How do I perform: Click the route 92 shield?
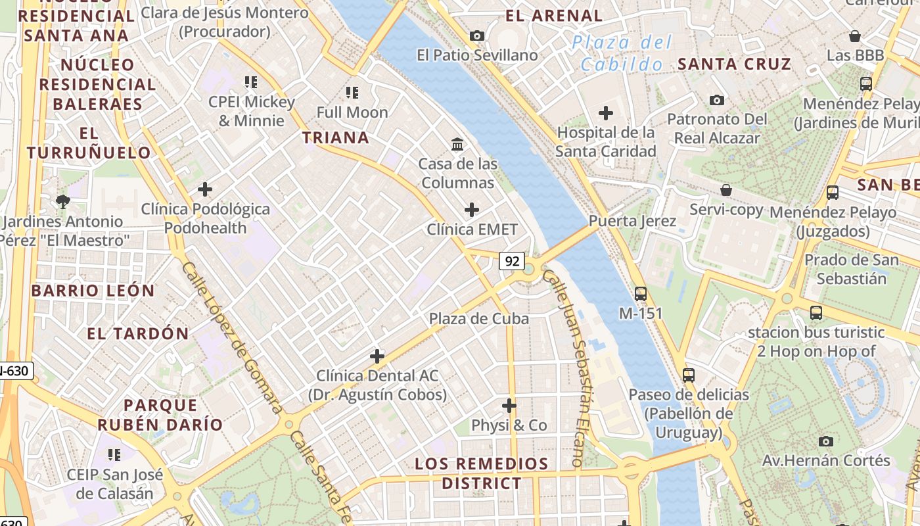pyautogui.click(x=511, y=261)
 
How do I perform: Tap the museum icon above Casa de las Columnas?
pyautogui.click(x=457, y=143)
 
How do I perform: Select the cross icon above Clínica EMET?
pyautogui.click(x=471, y=210)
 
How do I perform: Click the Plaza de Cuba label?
pyautogui.click(x=478, y=319)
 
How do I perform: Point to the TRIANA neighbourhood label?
pyautogui.click(x=335, y=137)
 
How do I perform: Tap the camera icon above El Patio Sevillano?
pyautogui.click(x=477, y=36)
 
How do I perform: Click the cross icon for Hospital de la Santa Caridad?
pyautogui.click(x=605, y=113)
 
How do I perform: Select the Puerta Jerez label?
pyautogui.click(x=632, y=221)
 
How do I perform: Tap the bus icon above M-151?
pyautogui.click(x=641, y=294)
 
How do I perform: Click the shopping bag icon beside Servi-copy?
pyautogui.click(x=726, y=190)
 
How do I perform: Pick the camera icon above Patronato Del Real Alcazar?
pyautogui.click(x=717, y=100)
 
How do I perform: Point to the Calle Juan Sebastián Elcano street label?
pyautogui.click(x=572, y=368)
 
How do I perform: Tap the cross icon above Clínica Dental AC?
pyautogui.click(x=377, y=356)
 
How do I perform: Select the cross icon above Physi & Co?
pyautogui.click(x=509, y=405)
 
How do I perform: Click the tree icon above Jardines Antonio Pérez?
pyautogui.click(x=63, y=201)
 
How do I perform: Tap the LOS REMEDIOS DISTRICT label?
pyautogui.click(x=482, y=473)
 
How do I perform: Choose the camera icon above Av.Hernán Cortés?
pyautogui.click(x=826, y=441)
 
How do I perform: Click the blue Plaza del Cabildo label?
pyautogui.click(x=622, y=53)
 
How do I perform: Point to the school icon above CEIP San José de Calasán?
pyautogui.click(x=114, y=454)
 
